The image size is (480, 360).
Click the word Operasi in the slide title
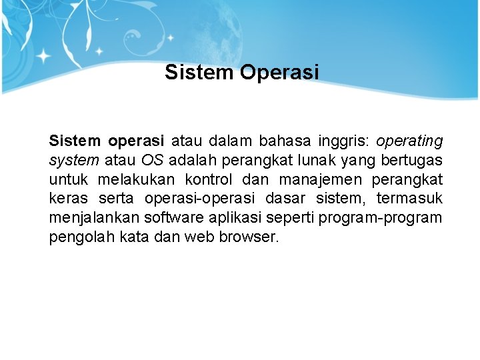[x=280, y=72]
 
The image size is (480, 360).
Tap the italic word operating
[x=409, y=141]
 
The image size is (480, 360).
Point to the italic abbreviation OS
[x=153, y=161]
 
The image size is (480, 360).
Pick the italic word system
[x=73, y=161]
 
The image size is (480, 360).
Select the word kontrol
[x=209, y=180]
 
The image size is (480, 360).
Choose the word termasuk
[x=409, y=199]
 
